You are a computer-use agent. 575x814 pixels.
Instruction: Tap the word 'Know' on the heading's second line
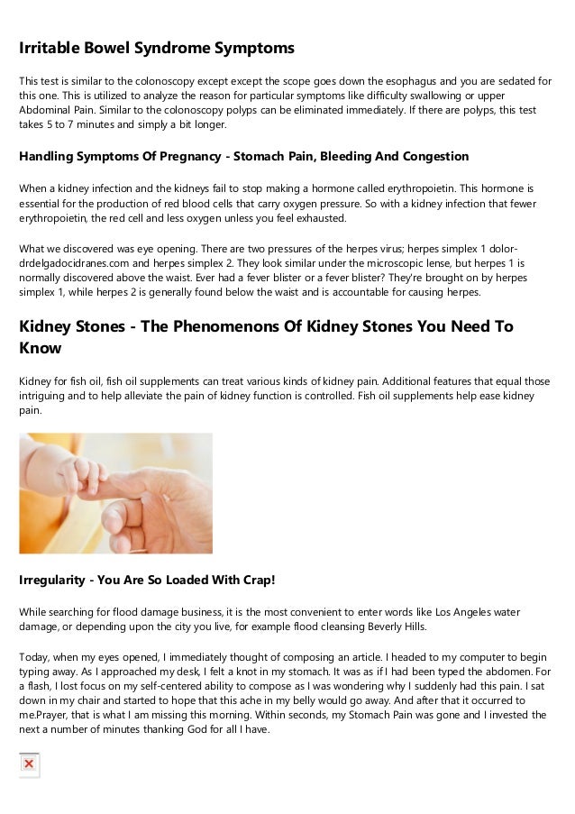point(40,348)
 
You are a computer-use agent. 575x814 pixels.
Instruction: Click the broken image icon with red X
point(29,764)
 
